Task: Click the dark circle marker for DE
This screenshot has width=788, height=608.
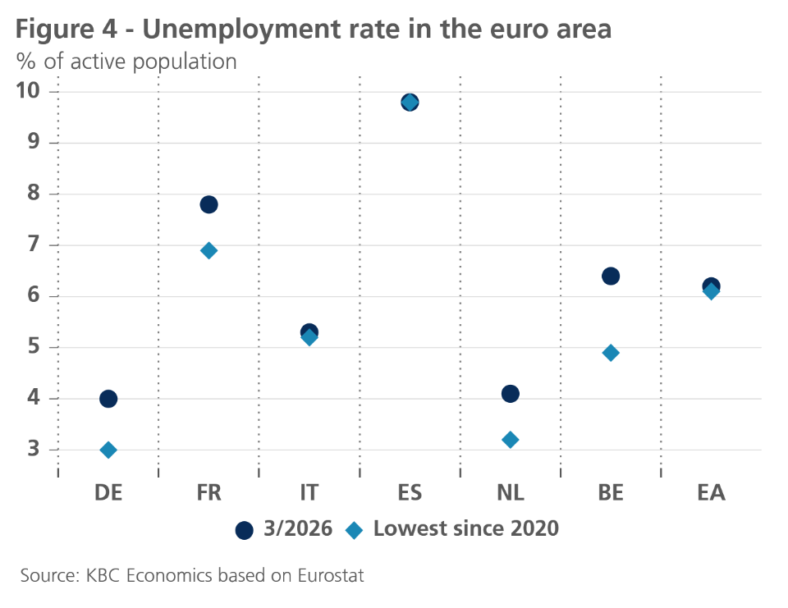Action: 108,399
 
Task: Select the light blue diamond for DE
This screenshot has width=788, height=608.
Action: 108,450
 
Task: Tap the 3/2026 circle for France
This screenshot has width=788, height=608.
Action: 208,204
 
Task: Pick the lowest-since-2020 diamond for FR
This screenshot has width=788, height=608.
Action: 208,250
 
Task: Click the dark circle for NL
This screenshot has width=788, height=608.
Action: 510,394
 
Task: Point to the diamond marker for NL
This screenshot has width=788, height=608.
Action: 510,440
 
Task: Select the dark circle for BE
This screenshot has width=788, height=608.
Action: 610,276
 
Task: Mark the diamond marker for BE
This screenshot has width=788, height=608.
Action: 610,353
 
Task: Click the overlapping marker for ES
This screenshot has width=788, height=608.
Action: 410,103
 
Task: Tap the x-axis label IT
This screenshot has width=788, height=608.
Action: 309,492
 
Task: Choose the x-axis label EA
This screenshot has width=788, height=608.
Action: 711,492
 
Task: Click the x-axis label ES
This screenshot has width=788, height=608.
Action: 410,492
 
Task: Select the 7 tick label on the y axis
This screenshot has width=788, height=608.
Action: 32,245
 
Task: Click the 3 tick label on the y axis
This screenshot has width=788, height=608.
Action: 32,450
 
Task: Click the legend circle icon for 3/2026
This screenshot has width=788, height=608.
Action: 244,530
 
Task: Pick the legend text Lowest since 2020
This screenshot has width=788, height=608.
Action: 465,529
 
